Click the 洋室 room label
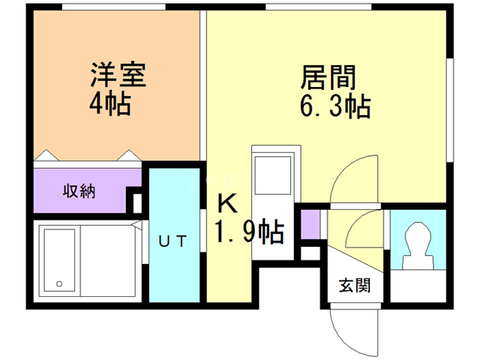pos(118,76)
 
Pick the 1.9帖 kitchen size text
pos(250,232)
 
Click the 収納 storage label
pos(78,190)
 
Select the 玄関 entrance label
pos(352,286)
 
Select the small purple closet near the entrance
pos(310,223)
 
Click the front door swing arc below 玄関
pos(352,330)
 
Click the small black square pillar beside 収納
pos(137,201)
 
